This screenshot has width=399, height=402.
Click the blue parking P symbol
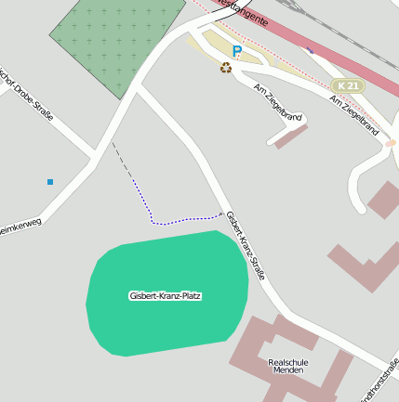click(237, 52)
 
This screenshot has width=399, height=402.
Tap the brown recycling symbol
click(225, 67)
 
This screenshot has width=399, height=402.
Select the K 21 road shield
click(348, 85)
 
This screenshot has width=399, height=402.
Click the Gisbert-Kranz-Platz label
click(165, 296)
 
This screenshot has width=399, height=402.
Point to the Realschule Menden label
click(287, 366)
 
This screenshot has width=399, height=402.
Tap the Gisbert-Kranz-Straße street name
click(246, 246)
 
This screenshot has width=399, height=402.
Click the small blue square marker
click(49, 182)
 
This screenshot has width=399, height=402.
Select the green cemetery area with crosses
click(116, 42)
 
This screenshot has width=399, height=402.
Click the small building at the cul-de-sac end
click(291, 136)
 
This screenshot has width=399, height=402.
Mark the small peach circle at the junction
click(392, 143)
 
